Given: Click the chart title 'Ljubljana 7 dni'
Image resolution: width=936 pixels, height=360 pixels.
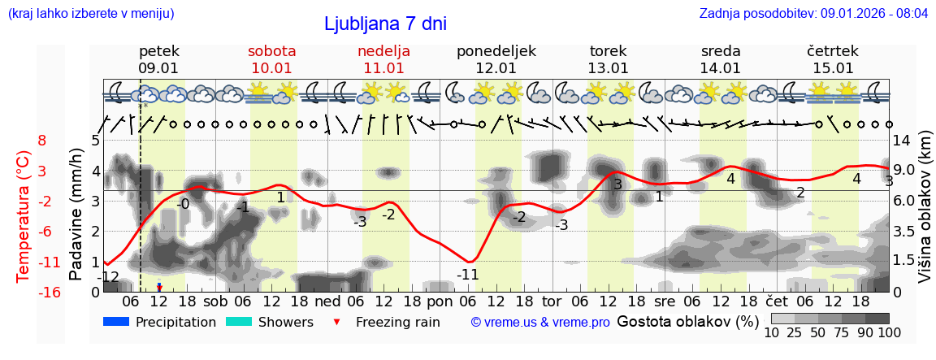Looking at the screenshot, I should coord(385,24).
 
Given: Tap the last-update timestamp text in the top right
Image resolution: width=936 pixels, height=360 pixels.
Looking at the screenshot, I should coord(813,14).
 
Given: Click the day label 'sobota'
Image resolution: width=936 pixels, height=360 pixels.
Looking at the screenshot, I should coord(271,51).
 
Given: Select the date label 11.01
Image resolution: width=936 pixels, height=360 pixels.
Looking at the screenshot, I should coord(383,68).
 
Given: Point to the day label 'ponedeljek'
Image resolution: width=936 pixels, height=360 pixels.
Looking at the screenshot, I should coord(496,51).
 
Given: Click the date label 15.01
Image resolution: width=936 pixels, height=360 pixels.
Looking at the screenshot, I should coord(833,68).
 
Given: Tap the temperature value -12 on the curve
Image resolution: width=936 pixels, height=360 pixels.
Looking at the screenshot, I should coord(108,278).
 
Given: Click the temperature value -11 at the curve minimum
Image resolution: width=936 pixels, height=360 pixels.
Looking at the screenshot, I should coord(467,275).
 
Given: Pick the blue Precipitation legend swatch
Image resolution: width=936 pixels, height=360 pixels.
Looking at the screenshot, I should coord(117,322).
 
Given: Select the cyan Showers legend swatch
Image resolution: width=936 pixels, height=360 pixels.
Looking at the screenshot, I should coord(239,322).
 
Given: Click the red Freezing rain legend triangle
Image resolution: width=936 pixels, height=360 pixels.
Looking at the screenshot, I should coord(337,323).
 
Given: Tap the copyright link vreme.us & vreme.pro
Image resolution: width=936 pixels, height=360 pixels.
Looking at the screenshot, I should coord(540,323).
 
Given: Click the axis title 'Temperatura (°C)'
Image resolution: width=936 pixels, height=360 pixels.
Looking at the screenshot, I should coord(24,215).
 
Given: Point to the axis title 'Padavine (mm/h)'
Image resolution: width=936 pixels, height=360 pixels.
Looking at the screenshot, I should coord(76,215).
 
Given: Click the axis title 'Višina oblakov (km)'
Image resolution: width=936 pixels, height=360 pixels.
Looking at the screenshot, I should coord(925,215).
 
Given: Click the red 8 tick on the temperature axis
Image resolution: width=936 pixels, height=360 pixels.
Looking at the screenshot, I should coord(42,140).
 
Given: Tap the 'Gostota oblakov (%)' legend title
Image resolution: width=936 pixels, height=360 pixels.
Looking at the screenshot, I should coord(687,322).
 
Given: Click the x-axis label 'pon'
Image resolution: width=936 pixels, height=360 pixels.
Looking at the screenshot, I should coord(439,300).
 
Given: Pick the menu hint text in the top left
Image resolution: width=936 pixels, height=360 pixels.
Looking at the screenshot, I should coord(91,14).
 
